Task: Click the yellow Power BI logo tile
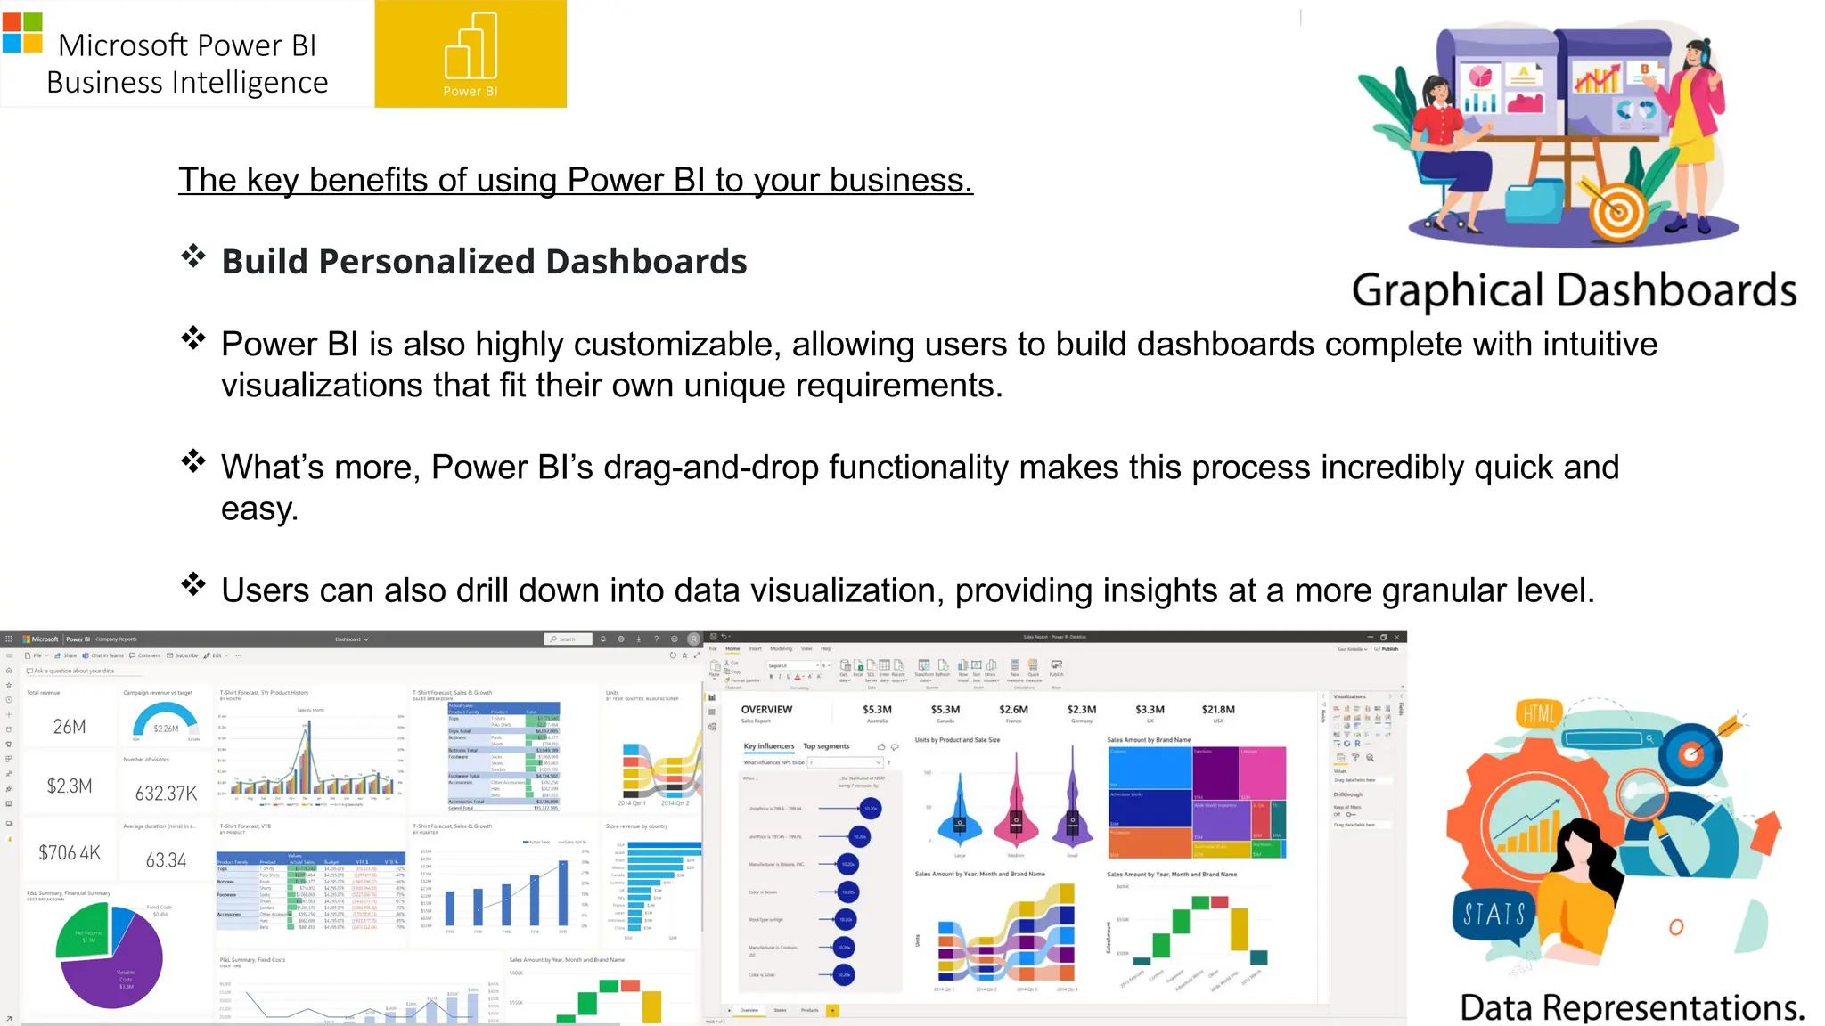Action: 470,53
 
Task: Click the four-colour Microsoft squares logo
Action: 22,33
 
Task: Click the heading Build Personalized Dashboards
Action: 484,261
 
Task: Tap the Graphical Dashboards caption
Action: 1574,290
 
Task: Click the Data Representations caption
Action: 1632,1007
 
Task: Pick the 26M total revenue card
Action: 70,726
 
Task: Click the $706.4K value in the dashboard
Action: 70,852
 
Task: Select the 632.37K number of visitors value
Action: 166,793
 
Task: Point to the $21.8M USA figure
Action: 1217,710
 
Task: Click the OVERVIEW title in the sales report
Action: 766,710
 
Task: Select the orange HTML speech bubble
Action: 1539,712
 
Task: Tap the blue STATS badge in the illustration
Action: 1494,914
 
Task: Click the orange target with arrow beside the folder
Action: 1617,210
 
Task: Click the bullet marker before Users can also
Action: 193,584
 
